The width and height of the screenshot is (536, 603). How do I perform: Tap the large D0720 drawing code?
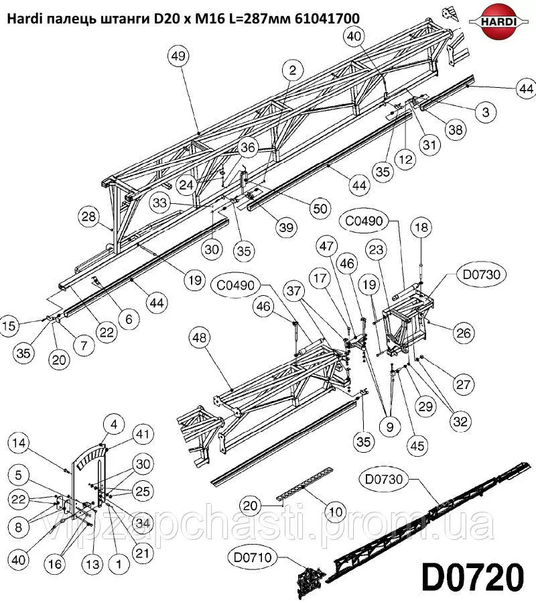473,578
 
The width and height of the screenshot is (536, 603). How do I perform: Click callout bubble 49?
179,56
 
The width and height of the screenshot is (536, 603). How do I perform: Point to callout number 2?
293,70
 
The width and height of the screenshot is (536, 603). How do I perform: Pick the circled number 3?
486,112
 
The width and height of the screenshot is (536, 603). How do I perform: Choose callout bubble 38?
456,130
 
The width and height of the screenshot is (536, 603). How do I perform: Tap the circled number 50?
320,209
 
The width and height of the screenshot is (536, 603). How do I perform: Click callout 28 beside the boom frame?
88,217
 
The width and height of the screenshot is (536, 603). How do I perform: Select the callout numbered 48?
200,338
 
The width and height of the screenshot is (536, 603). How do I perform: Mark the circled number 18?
421,227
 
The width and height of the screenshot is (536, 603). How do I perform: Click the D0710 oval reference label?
253,557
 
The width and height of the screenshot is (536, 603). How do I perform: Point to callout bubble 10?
336,512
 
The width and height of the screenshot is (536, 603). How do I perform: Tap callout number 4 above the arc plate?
114,425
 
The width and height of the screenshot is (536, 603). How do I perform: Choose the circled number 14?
19,443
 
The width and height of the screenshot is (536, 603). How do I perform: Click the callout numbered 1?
119,564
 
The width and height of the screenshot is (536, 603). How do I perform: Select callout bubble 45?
417,446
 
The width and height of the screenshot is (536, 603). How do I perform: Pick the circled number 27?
464,384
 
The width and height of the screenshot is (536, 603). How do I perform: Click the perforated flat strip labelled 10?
305,484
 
